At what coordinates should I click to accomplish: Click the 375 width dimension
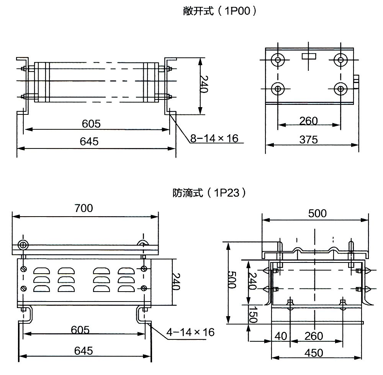coord(309,140)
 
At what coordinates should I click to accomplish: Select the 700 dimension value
coord(84,208)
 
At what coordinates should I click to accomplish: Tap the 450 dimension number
coord(314,352)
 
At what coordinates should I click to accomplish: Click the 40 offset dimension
coord(281,336)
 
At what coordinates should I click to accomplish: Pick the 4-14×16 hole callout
coord(190,332)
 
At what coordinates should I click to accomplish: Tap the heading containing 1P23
coord(209,192)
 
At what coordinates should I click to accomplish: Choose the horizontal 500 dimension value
coord(317,213)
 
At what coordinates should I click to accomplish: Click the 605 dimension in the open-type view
coord(92,124)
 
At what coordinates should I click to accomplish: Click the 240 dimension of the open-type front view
coord(203,85)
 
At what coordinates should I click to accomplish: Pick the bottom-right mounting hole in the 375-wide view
coord(340,89)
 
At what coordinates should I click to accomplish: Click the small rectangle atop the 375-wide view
coord(309,56)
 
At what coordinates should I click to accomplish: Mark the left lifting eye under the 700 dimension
coord(23,245)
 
